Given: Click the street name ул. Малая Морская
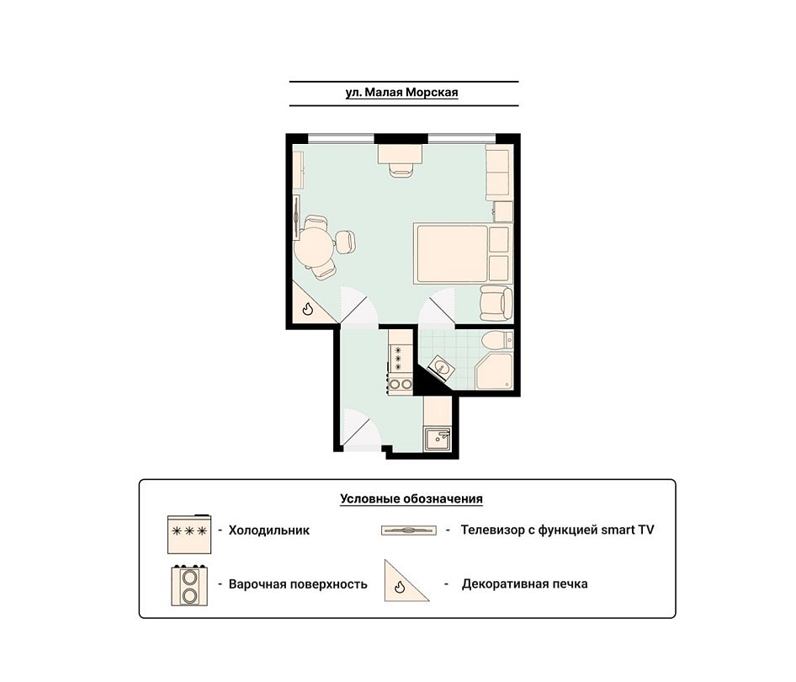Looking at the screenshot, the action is click(401, 93).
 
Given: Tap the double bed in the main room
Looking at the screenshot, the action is click(463, 253).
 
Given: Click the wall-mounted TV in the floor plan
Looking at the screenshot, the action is click(296, 217).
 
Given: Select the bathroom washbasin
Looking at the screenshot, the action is click(440, 368).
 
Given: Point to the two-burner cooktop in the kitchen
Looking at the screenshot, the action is click(400, 385).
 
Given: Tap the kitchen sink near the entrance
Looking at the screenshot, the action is click(437, 440).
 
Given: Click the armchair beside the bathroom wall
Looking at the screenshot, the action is click(496, 304).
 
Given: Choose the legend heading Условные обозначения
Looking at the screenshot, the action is click(411, 498).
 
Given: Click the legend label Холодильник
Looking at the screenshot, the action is click(269, 530).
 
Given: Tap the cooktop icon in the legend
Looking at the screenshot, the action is click(189, 585).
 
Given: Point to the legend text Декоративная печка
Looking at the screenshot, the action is click(524, 584).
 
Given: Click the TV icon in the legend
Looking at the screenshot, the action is click(409, 530).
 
